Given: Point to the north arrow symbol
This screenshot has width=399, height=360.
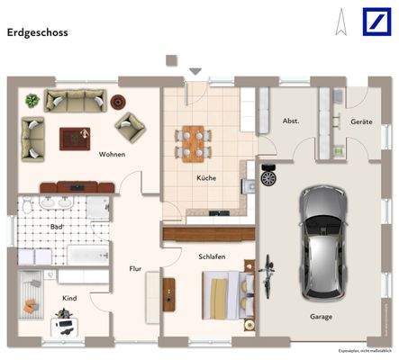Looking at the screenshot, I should [340, 22].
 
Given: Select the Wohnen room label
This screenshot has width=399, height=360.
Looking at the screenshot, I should [113, 154].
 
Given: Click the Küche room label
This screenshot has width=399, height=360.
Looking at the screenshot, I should [207, 178].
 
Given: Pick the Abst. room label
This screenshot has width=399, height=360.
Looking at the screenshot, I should [291, 121].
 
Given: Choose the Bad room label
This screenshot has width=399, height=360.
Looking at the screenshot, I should [56, 227].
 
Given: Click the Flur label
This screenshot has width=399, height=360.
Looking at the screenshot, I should [136, 268].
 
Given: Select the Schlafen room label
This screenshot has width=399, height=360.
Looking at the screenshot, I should [213, 256].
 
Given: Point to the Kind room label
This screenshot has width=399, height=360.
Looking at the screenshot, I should [69, 297].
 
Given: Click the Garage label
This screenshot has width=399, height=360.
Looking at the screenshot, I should [322, 317].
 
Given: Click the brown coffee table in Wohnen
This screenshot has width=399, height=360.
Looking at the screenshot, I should [74, 138].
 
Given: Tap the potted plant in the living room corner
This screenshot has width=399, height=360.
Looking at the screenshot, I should [32, 100].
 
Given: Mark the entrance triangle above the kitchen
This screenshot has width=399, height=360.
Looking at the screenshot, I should [195, 71].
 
